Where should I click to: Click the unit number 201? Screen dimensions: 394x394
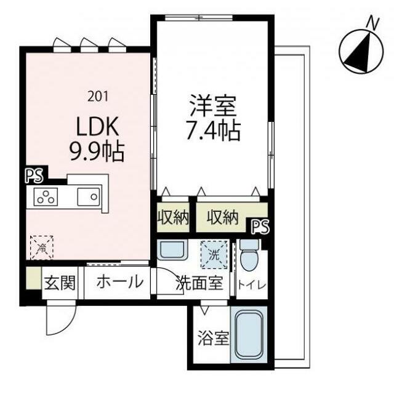(98, 95)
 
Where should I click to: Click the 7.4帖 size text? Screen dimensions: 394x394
(212, 130)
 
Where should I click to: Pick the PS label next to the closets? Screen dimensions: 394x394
(260, 227)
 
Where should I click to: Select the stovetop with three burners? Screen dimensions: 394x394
(44, 198)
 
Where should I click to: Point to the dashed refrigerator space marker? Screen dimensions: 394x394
(42, 247)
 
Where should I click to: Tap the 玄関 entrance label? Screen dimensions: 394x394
(60, 283)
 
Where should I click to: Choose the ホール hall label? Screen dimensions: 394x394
(121, 283)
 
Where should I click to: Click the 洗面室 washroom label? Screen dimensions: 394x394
(198, 284)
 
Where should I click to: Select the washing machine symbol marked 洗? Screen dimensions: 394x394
(214, 253)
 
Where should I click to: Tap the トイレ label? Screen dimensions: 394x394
(252, 284)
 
